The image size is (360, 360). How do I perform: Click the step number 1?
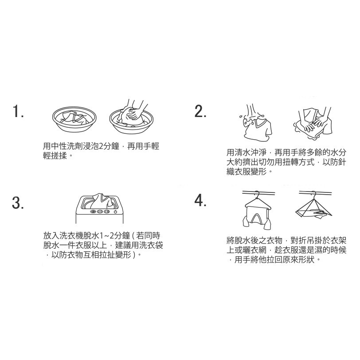click(18, 111)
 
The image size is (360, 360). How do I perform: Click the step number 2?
click(200, 111)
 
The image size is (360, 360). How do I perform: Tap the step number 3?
click(18, 203)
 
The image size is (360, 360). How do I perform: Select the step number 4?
click(200, 201)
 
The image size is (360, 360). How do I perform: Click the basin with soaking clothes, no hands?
click(74, 119)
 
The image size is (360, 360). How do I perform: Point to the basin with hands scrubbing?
click(131, 121)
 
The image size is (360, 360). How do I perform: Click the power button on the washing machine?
click(115, 211)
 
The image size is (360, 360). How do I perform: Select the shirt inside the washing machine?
click(100, 200)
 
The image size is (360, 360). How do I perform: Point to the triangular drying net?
click(313, 208)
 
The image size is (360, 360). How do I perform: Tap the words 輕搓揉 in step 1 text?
click(55, 156)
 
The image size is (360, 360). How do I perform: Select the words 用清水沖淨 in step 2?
click(246, 152)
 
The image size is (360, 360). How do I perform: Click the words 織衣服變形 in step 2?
click(247, 172)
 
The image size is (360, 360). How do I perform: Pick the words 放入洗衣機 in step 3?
click(63, 235)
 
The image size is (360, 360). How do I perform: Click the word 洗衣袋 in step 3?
click(151, 245)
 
